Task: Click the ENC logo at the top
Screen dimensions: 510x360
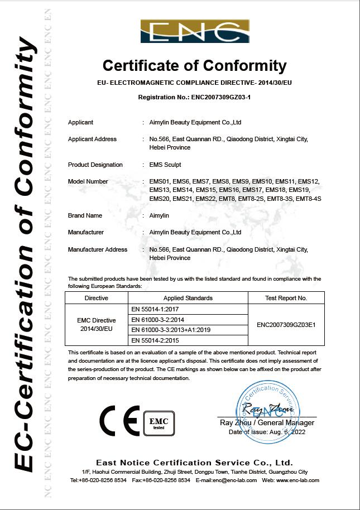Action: [195, 32]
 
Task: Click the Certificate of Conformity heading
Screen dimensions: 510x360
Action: [195, 66]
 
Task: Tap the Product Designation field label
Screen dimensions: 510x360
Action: [95, 165]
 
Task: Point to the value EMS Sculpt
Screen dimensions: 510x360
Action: [165, 165]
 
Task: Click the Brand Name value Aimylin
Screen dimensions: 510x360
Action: [159, 215]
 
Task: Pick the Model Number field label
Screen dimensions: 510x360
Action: [88, 181]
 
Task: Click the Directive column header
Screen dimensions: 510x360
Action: [97, 298]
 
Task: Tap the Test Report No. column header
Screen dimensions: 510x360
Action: [286, 298]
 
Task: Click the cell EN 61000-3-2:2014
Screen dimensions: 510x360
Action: [157, 319]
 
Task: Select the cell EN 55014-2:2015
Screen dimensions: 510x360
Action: [155, 340]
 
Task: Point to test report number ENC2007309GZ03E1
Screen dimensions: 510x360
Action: [286, 324]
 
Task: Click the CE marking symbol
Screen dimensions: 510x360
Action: [119, 420]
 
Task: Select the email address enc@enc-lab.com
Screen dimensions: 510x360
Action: [230, 480]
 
